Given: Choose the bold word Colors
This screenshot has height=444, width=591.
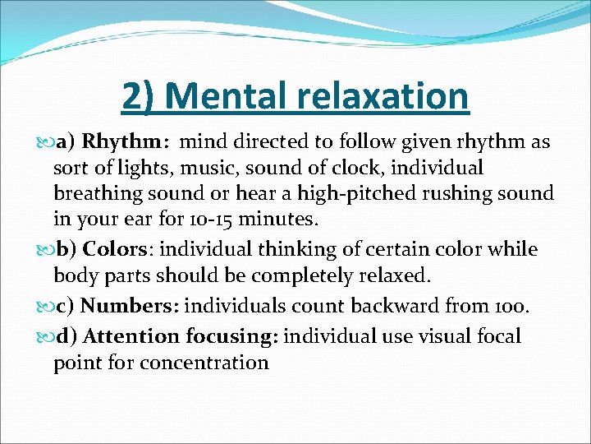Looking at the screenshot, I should [x=114, y=248].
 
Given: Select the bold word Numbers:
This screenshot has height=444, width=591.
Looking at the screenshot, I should [x=130, y=307].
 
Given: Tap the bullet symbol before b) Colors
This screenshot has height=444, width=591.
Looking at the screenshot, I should [x=46, y=249].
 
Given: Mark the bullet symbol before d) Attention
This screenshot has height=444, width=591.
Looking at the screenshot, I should [x=46, y=337].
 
